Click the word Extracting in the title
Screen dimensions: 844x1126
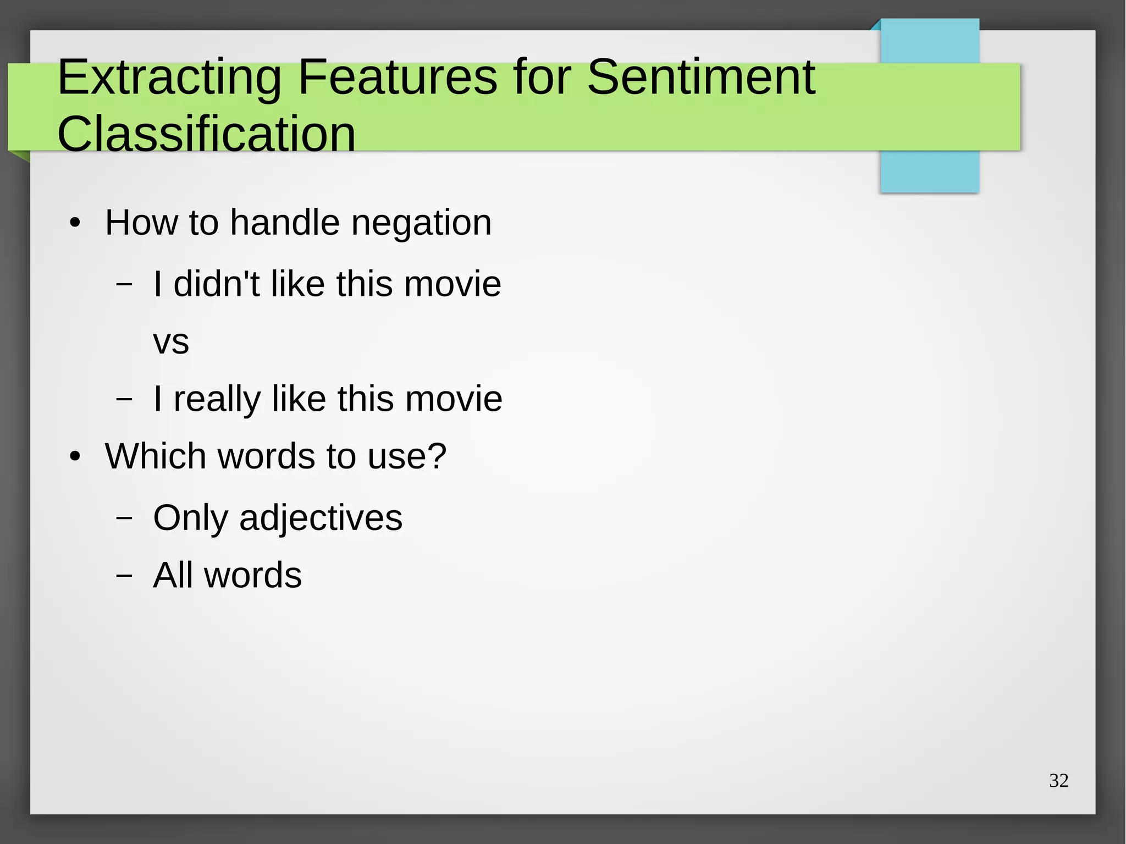[169, 78]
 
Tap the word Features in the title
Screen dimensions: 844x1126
[398, 78]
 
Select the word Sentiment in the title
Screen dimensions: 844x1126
[701, 78]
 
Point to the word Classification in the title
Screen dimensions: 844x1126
[206, 134]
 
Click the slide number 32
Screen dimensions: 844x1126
[1058, 781]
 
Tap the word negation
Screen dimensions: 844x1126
[421, 223]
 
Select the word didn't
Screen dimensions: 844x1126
[216, 284]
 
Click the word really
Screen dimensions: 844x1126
[217, 399]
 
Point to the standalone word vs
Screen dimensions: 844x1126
[171, 342]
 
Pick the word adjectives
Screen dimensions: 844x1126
[321, 518]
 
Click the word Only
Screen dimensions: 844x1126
[190, 518]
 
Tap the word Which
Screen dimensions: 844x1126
[156, 456]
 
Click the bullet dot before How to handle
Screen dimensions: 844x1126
[75, 224]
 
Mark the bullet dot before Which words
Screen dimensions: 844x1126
[75, 457]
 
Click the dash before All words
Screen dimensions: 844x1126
[124, 575]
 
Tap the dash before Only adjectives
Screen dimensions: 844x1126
[124, 518]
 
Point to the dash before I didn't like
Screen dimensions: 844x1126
[124, 284]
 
